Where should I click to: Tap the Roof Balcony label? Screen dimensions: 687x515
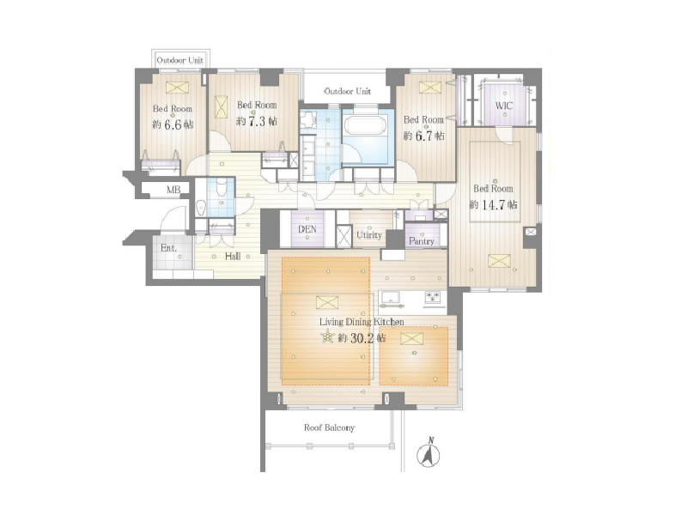coord(330,427)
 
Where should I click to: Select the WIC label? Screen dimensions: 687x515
coord(504,106)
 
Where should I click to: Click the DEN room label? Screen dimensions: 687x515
coord(307,229)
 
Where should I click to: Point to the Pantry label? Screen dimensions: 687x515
coord(422,241)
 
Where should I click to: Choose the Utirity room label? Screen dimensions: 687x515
coord(369,235)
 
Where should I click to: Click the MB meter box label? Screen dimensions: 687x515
coord(173,190)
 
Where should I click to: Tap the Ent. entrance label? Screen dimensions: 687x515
coord(168,248)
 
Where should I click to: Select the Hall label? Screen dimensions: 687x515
coord(233,256)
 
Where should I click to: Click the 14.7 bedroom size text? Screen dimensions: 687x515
coord(494,204)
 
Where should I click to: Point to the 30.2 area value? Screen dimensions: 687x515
coord(362,338)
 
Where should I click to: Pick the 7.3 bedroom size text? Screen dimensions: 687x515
coord(257,121)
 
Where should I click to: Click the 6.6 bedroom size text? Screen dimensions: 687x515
coord(173,124)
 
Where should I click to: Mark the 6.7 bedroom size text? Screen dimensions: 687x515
coord(423,136)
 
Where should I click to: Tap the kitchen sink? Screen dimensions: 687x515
coord(392,298)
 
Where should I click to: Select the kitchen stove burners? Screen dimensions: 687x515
coord(433,298)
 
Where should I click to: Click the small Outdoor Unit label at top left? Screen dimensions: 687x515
coord(180,60)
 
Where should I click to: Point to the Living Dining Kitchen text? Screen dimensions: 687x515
coord(362,322)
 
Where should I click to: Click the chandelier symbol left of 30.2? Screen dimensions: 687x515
coord(327,337)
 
